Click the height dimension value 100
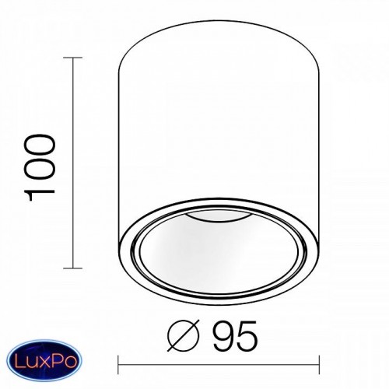(x=40, y=167)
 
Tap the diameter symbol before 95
(x=184, y=335)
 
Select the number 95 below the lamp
(x=235, y=335)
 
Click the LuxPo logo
(x=44, y=360)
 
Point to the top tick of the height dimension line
(x=73, y=58)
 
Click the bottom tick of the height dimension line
(x=73, y=268)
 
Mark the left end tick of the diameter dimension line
(x=118, y=365)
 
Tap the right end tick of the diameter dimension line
(x=319, y=365)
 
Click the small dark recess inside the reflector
(x=217, y=217)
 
